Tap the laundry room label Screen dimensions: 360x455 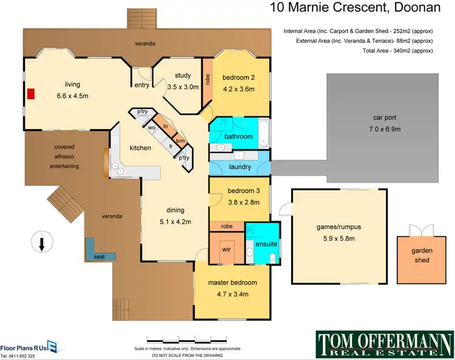pyautogui.click(x=240, y=167)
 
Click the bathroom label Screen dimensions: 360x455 pyautogui.click(x=238, y=137)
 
